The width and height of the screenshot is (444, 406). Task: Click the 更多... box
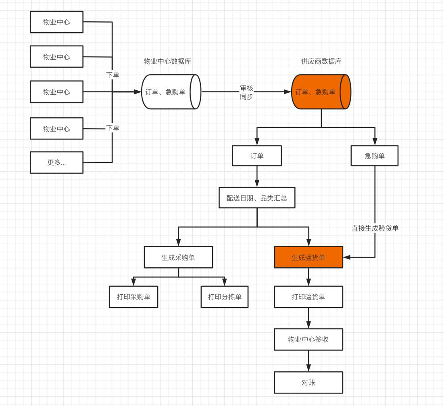click(56, 162)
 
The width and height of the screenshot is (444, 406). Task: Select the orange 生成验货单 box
click(309, 257)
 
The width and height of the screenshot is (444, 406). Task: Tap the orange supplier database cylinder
click(321, 92)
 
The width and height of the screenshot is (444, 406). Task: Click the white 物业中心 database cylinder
click(171, 92)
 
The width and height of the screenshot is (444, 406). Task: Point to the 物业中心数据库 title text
click(168, 62)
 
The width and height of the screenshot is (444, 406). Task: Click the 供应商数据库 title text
click(321, 62)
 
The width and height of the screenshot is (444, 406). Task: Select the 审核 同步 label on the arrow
click(246, 92)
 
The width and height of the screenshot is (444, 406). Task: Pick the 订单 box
click(257, 156)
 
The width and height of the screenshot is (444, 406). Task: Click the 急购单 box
click(375, 156)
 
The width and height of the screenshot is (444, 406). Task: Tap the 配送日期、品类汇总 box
click(257, 198)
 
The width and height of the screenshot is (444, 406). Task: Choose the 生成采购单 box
click(178, 257)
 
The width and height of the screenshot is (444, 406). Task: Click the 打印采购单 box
click(133, 297)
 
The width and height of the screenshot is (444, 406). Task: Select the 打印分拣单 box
click(225, 297)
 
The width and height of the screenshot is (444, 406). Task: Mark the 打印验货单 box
click(309, 297)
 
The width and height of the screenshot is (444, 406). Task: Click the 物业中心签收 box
click(309, 339)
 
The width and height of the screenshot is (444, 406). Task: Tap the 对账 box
click(309, 382)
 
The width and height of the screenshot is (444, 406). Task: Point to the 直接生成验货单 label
click(375, 228)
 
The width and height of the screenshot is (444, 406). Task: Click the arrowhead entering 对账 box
click(309, 368)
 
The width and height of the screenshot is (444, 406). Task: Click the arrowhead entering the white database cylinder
click(138, 92)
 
